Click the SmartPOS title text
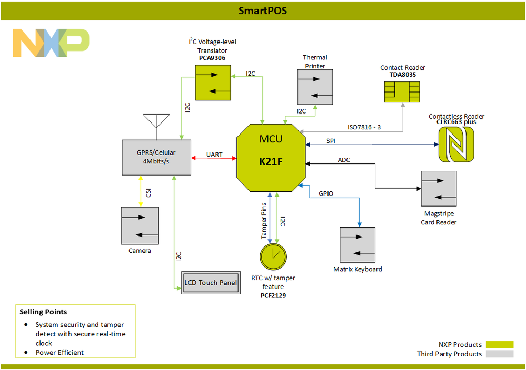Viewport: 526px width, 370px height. coord(263,11)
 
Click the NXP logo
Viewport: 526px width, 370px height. coord(51,43)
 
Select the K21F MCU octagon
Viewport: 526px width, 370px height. coord(271,156)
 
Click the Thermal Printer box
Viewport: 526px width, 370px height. coord(315,87)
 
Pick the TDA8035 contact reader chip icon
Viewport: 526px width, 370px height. coord(403,90)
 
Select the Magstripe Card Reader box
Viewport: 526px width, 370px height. coord(439,188)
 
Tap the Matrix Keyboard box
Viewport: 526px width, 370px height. coord(358,244)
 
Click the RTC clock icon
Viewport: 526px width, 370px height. coord(273,256)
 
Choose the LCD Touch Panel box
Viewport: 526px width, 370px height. coord(210,283)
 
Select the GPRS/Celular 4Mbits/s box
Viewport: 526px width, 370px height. coord(156,157)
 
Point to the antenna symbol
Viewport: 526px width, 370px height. coord(156,121)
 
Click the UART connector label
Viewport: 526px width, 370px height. coord(214,155)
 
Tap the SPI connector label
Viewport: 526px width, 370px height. coord(331,141)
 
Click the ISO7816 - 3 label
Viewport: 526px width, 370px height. coord(363,127)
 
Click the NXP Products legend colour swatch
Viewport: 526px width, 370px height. coord(499,345)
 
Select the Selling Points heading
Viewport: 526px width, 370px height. coord(43,312)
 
